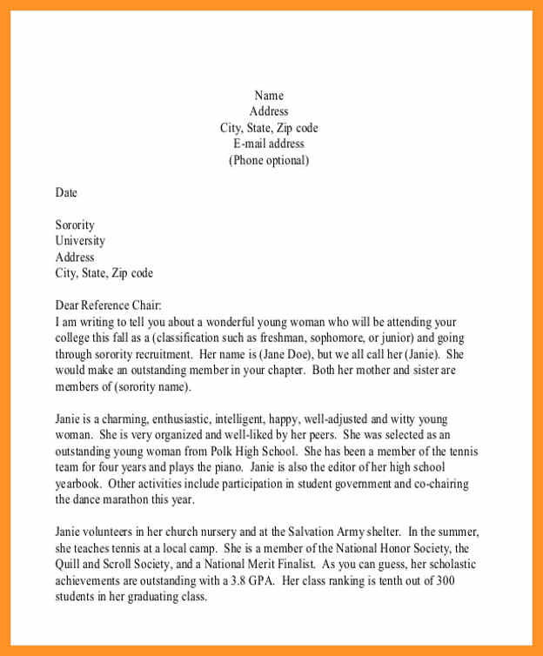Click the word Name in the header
coord(269,96)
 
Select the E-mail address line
coord(269,144)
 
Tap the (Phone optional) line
coord(269,161)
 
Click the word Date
coord(66,193)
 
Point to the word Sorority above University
coord(75,225)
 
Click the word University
coord(80,241)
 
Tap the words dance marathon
coord(115,500)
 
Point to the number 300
coord(446,581)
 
